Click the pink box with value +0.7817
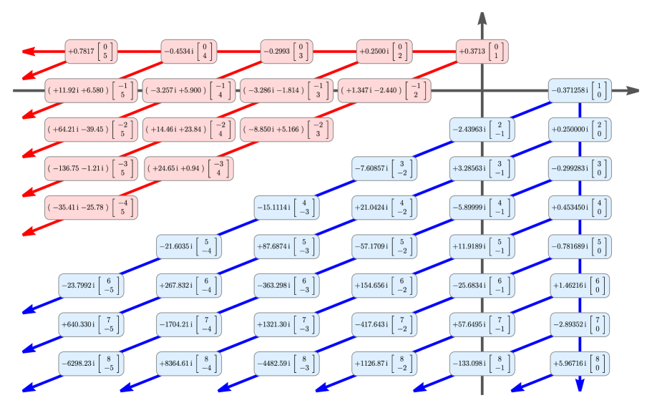coord(90,52)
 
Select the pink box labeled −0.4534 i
coord(188,52)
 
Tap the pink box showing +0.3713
coord(482,52)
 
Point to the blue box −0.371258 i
coord(580,91)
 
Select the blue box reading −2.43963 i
coord(482,130)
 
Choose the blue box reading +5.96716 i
coord(580,363)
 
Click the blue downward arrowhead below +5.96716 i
coord(580,385)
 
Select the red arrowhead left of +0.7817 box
coord(29,52)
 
